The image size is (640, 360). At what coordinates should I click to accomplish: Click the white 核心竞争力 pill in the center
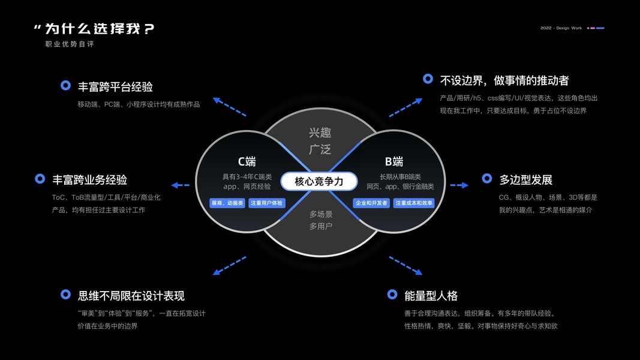click(x=319, y=181)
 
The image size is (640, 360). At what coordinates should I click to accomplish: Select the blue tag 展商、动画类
click(x=227, y=203)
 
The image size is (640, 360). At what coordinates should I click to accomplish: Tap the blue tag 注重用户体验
click(x=266, y=203)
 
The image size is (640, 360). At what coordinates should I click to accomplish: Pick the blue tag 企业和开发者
click(x=371, y=203)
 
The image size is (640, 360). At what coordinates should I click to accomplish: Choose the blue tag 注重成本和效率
click(x=414, y=203)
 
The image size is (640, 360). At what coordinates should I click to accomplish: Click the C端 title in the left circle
click(x=247, y=161)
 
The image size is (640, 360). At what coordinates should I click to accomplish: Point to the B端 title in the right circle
click(x=394, y=161)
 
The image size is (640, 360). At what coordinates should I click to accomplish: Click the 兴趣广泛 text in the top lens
click(x=320, y=141)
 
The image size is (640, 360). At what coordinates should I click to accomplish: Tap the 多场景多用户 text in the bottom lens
click(x=321, y=220)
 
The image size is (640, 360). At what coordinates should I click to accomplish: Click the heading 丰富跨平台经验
click(x=115, y=86)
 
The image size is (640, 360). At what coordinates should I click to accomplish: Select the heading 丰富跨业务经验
click(x=89, y=179)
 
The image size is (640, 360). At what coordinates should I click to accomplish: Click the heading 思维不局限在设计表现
click(x=131, y=296)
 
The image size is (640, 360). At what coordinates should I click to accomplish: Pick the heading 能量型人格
click(x=431, y=296)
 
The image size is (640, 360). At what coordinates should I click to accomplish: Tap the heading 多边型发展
click(x=525, y=179)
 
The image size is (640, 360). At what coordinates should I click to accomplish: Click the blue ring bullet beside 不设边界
click(x=428, y=79)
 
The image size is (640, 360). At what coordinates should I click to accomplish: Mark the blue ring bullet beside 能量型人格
click(x=392, y=294)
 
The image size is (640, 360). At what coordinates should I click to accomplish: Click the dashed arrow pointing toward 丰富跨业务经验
click(x=180, y=185)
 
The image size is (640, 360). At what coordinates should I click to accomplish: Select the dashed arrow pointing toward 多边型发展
click(x=459, y=185)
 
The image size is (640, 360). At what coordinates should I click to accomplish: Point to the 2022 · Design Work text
click(x=561, y=28)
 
